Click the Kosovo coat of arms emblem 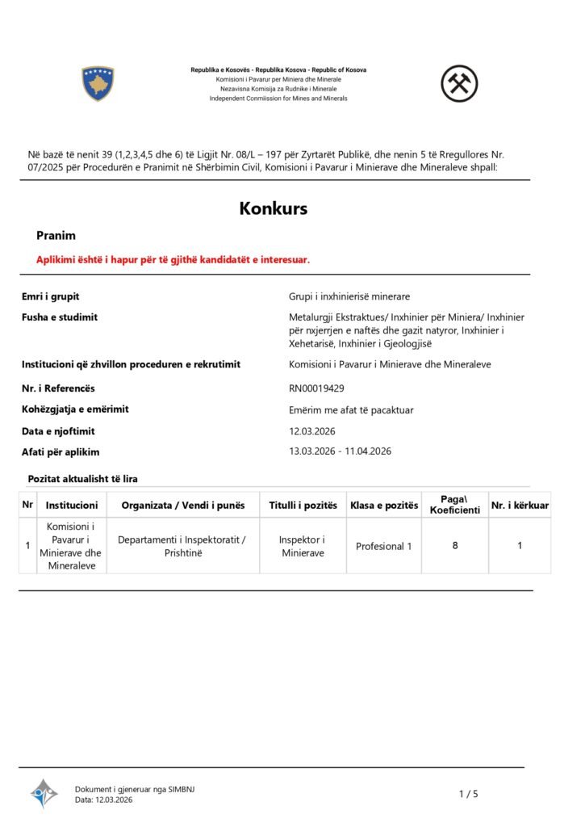click(x=98, y=84)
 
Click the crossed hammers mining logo click(x=459, y=83)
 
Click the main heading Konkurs click(x=273, y=208)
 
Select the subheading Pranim click(x=56, y=236)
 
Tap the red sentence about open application click(x=173, y=259)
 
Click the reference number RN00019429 click(x=316, y=388)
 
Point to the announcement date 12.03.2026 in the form click(x=311, y=431)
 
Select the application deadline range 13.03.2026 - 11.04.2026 click(x=340, y=451)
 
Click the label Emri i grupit click(x=50, y=296)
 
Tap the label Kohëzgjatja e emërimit click(x=75, y=409)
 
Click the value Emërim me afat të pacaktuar click(x=351, y=409)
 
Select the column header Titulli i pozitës click(x=303, y=506)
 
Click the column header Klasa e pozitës click(x=383, y=506)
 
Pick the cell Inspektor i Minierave click(x=302, y=546)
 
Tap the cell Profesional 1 click(x=383, y=546)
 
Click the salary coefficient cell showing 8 click(x=455, y=546)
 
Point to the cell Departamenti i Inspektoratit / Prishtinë click(x=182, y=546)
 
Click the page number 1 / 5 click(x=468, y=794)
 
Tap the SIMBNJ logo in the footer click(x=44, y=794)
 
